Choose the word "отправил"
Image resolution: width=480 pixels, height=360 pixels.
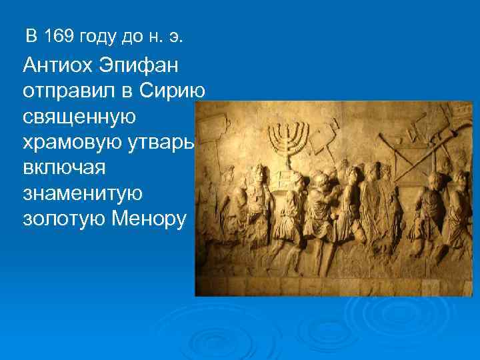coord(64,91)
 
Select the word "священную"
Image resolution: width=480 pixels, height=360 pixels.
coord(79,116)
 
